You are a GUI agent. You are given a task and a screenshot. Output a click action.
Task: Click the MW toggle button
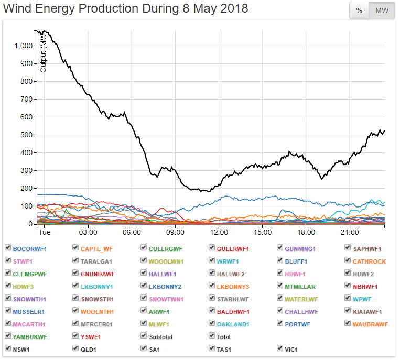(382, 11)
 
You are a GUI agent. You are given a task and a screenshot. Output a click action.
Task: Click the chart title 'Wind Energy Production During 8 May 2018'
(126, 9)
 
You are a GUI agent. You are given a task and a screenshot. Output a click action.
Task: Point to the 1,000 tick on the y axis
(23, 46)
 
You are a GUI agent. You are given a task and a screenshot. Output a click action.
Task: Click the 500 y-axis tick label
(26, 135)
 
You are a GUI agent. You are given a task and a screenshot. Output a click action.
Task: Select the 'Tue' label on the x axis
(45, 232)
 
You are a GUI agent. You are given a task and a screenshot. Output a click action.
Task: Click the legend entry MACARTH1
(29, 324)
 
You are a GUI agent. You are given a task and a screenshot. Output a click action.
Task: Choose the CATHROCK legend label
(369, 261)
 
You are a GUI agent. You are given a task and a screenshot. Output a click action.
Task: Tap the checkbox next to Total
(212, 336)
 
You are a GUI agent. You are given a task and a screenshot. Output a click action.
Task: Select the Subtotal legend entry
(160, 337)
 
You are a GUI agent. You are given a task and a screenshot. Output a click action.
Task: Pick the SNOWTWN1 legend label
(166, 299)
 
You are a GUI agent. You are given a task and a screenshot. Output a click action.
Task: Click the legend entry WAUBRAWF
(370, 324)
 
